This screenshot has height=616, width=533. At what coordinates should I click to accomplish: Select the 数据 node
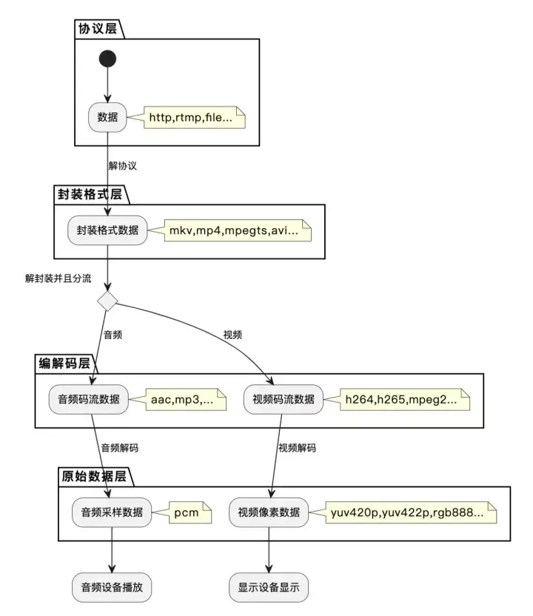point(108,116)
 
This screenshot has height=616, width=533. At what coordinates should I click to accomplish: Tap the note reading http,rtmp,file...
point(190,117)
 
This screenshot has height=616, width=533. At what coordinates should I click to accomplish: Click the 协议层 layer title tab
point(97,29)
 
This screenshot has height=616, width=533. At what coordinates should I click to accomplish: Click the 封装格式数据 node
point(108,230)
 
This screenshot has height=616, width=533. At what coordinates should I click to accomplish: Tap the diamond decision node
point(108,301)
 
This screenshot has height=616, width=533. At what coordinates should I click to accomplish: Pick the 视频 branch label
point(232,335)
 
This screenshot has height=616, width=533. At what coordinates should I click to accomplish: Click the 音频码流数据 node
point(88,400)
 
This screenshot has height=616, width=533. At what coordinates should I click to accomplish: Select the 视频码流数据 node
point(284,400)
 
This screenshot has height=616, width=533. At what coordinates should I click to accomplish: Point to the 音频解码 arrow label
point(119,448)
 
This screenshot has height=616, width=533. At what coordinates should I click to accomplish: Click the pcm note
point(186,513)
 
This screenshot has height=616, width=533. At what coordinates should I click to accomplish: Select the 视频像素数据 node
point(269,513)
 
